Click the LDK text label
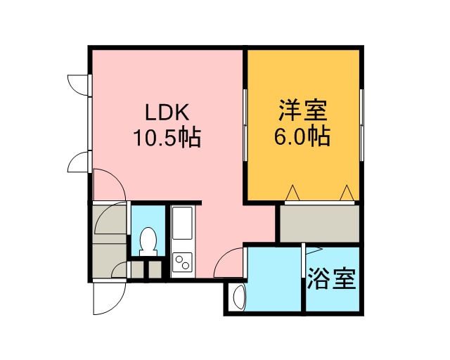pyautogui.click(x=167, y=112)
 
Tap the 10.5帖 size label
pyautogui.click(x=167, y=138)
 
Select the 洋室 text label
pyautogui.click(x=303, y=110)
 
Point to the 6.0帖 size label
pyautogui.click(x=302, y=136)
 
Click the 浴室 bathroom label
pyautogui.click(x=332, y=278)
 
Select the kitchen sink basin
pyautogui.click(x=181, y=223)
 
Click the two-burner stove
pyautogui.click(x=182, y=262)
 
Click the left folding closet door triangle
pyautogui.click(x=292, y=193)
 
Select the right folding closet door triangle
pyautogui.click(x=347, y=193)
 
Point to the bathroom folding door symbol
pyautogui.click(x=314, y=250)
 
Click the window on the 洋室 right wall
pyautogui.click(x=361, y=125)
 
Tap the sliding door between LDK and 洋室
pyautogui.click(x=245, y=125)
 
